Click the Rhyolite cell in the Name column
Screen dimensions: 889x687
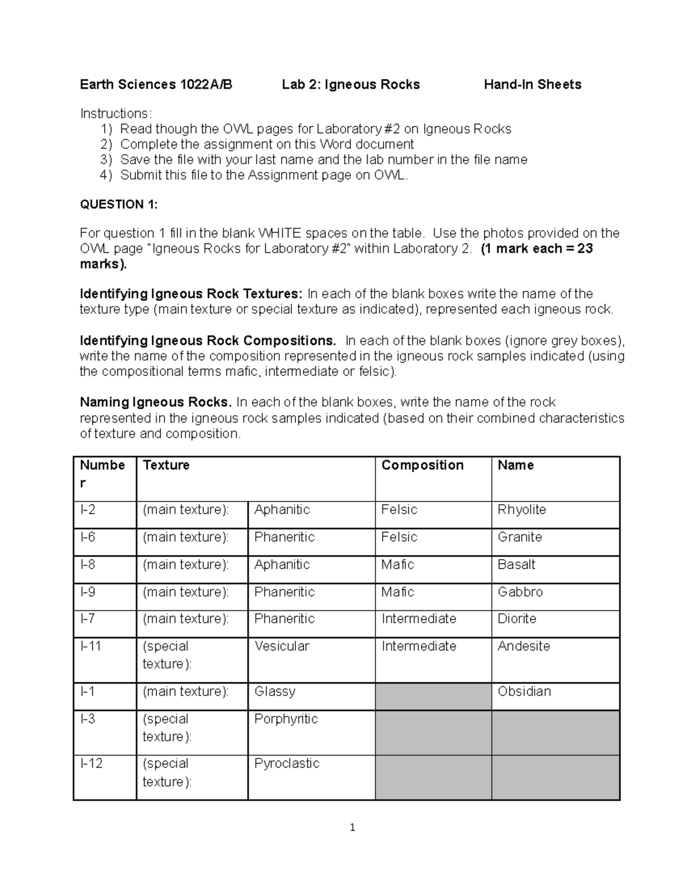[x=522, y=509]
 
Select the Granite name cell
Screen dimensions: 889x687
[x=519, y=537]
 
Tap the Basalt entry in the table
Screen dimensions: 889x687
[x=516, y=564]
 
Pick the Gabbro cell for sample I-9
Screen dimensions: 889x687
[x=520, y=592]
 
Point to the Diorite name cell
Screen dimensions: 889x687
[x=516, y=619]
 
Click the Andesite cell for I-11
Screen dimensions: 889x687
[x=523, y=646]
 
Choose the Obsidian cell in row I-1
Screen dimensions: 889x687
[x=524, y=692]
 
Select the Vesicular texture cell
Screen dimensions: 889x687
[x=282, y=646]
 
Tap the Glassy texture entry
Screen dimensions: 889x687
[x=275, y=692]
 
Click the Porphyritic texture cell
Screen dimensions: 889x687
[x=286, y=719]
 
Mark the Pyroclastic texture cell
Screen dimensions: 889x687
[x=286, y=764]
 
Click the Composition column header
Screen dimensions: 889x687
[x=423, y=465]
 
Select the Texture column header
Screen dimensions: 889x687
[x=166, y=465]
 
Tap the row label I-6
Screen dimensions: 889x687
[x=88, y=537]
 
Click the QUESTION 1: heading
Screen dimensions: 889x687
[x=119, y=204]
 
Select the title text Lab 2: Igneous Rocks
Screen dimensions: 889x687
[x=350, y=85]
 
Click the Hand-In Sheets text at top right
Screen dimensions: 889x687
[x=532, y=85]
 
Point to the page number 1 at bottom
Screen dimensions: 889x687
[x=352, y=827]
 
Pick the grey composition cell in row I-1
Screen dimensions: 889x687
[x=433, y=697]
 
